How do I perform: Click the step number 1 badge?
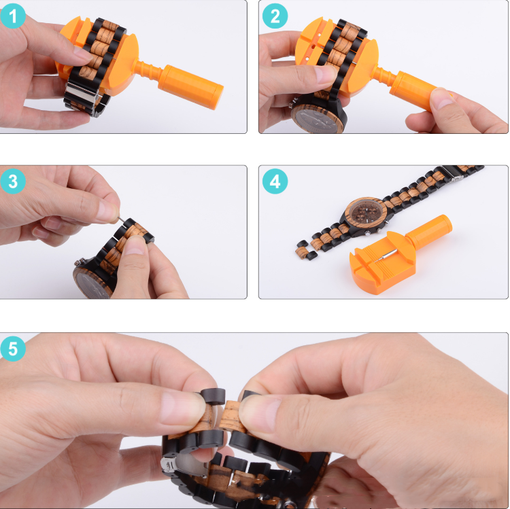pos(13,16)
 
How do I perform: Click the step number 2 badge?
pos(275,16)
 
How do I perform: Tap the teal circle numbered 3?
pos(13,181)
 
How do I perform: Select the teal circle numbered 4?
pos(275,181)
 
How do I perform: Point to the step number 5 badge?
pos(13,349)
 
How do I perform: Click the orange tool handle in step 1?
pos(190,86)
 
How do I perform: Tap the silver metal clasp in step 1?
pos(82,94)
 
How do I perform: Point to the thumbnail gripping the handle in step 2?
pos(441,99)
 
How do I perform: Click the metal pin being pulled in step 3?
pos(121,220)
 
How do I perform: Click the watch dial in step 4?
pos(367,214)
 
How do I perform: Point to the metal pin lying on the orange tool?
pos(386,255)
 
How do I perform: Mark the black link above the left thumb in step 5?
pos(213,396)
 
